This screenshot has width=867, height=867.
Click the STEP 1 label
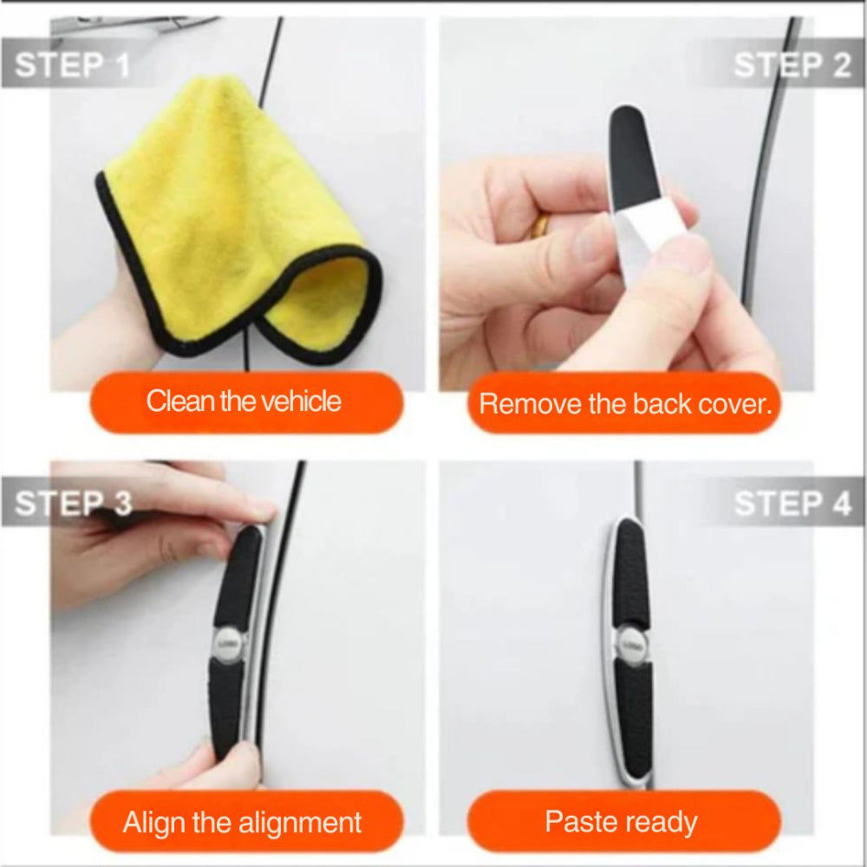72,65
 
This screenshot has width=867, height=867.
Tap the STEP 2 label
792,65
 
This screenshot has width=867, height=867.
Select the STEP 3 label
73,503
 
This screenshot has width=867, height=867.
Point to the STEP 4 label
792,503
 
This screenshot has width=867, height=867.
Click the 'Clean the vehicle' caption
244,401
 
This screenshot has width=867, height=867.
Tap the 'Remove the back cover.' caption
625,404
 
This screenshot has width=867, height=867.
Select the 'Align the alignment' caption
242,822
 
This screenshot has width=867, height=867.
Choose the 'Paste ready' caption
621,822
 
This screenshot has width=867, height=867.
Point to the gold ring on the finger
541,225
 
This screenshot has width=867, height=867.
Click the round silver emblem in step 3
228,643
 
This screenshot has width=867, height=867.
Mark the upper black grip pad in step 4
632,575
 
